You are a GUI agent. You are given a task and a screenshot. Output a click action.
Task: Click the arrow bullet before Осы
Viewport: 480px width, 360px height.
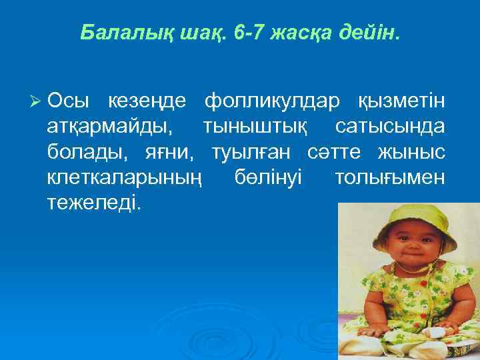(x=37, y=101)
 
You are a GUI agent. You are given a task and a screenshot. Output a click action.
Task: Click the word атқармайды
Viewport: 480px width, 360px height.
(x=109, y=127)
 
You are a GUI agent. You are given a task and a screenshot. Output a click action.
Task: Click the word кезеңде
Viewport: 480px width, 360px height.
(x=147, y=101)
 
